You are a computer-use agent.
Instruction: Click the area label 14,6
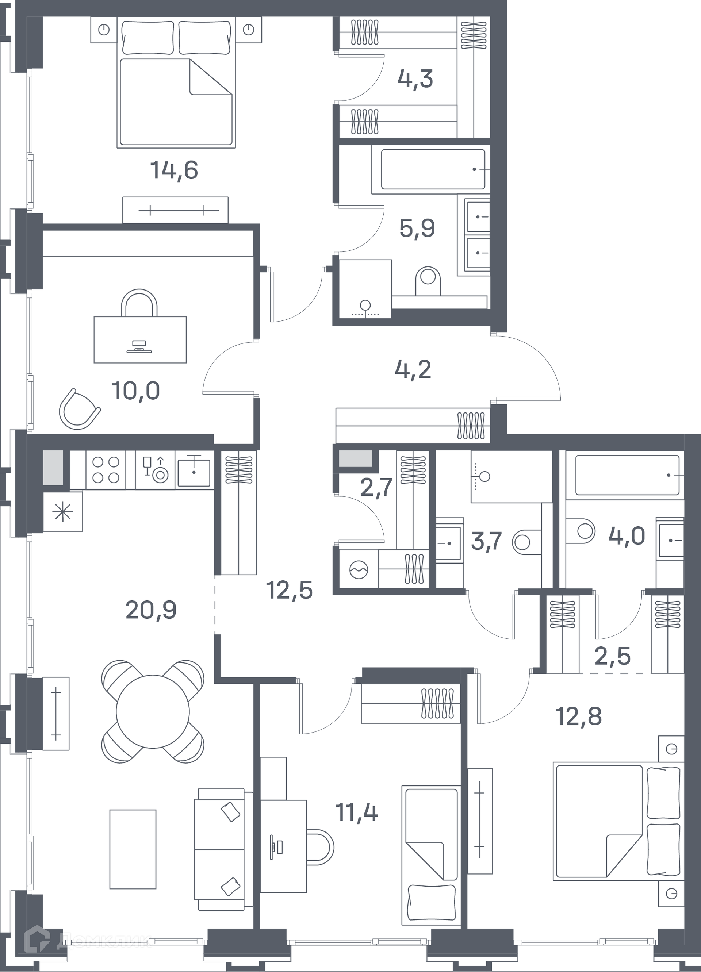pos(174,170)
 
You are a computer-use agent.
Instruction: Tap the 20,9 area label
pos(151,610)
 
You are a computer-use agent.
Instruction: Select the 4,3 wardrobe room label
pos(415,79)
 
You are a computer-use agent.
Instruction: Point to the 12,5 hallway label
pos(290,590)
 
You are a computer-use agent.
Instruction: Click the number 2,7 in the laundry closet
pos(377,487)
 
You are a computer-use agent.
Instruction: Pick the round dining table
pos(153,711)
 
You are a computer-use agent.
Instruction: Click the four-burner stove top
pos(106,470)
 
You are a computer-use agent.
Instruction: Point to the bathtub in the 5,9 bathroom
pos(433,169)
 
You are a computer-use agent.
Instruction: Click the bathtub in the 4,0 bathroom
pos(627,475)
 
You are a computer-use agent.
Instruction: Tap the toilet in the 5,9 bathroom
pos(428,280)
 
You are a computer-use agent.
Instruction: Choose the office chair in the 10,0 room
pos(79,409)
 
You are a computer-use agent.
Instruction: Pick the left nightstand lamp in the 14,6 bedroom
pos(104,30)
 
